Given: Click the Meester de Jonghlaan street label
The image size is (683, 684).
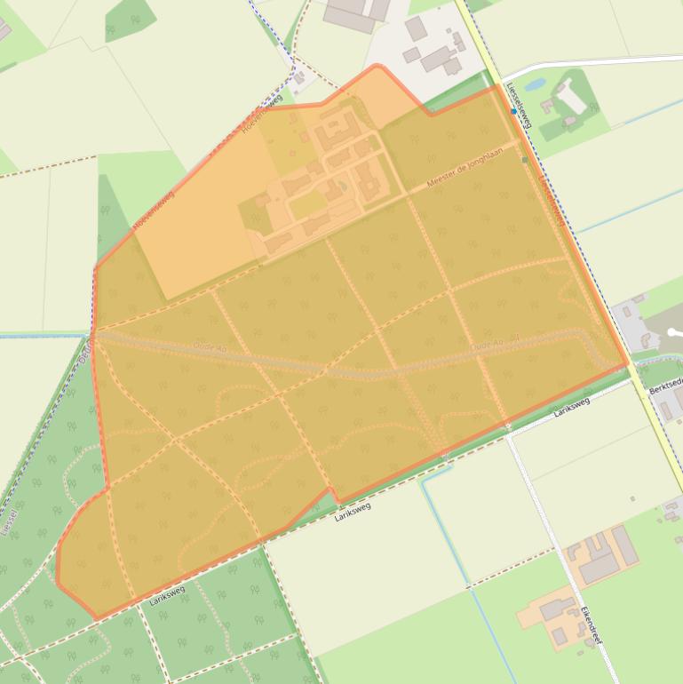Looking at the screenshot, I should click(x=465, y=169).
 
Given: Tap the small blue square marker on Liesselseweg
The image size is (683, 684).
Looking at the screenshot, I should click(x=513, y=112).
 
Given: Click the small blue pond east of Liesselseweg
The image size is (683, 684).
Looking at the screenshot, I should click(x=535, y=86).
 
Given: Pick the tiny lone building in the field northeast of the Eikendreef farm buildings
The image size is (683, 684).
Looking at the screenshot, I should click(x=632, y=499).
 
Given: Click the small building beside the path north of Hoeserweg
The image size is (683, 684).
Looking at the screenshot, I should click(x=299, y=79).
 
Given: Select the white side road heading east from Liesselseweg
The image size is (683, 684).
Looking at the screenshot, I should click(x=586, y=62).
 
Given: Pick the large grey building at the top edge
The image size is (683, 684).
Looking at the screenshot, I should click(x=355, y=13).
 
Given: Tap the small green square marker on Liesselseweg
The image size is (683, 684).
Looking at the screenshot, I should click(x=525, y=160).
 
